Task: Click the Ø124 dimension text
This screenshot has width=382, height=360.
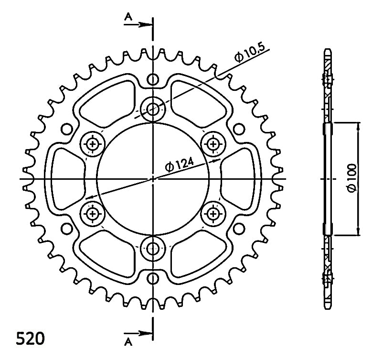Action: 180,165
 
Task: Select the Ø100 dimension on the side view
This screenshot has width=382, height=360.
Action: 352,178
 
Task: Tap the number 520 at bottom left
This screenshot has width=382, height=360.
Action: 31,338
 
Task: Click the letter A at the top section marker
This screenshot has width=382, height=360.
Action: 128,17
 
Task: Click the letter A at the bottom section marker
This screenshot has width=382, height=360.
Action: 128,342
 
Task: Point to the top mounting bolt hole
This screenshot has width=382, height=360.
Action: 153,109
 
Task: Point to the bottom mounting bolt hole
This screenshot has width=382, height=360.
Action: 153,249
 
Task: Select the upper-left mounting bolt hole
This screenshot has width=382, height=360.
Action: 93,144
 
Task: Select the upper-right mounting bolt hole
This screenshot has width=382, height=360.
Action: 213,144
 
